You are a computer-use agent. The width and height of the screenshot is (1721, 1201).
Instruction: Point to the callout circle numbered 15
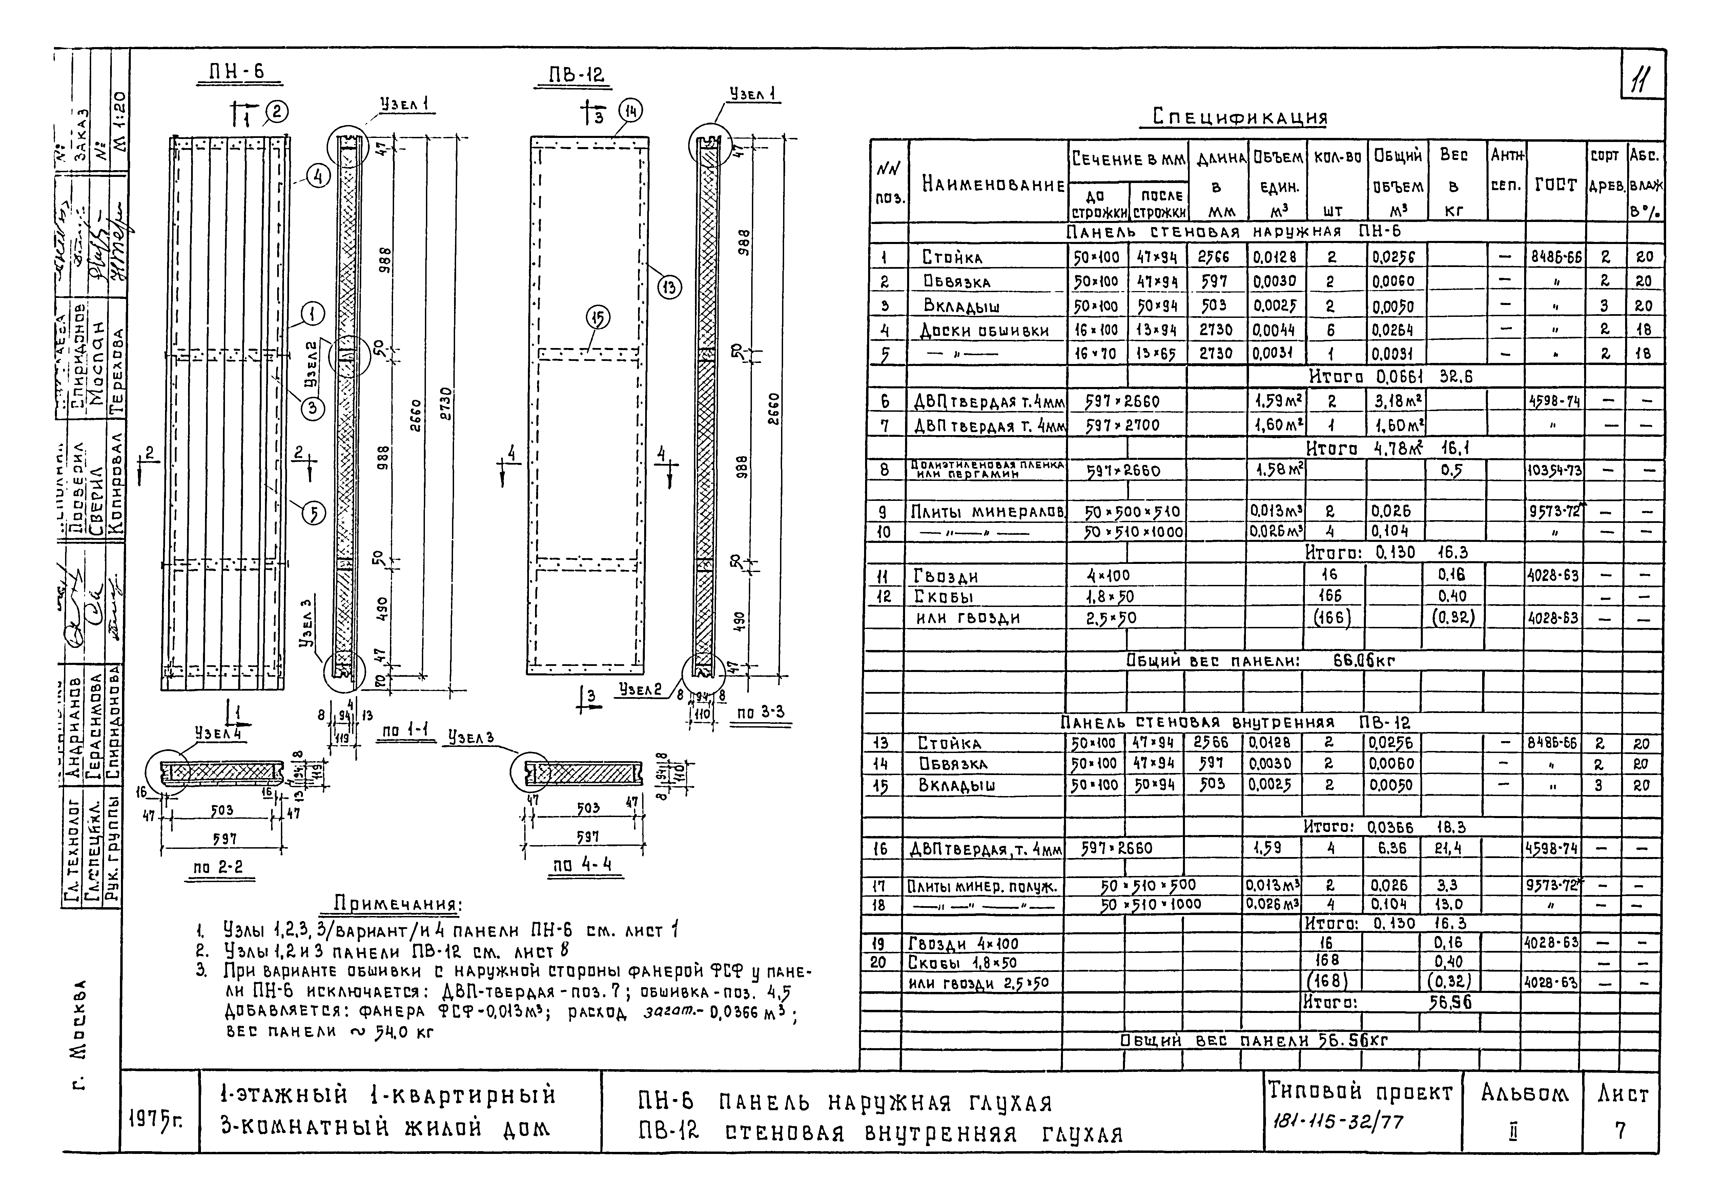coord(598,319)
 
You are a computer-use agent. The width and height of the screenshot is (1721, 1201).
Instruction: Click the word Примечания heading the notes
coord(397,903)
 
